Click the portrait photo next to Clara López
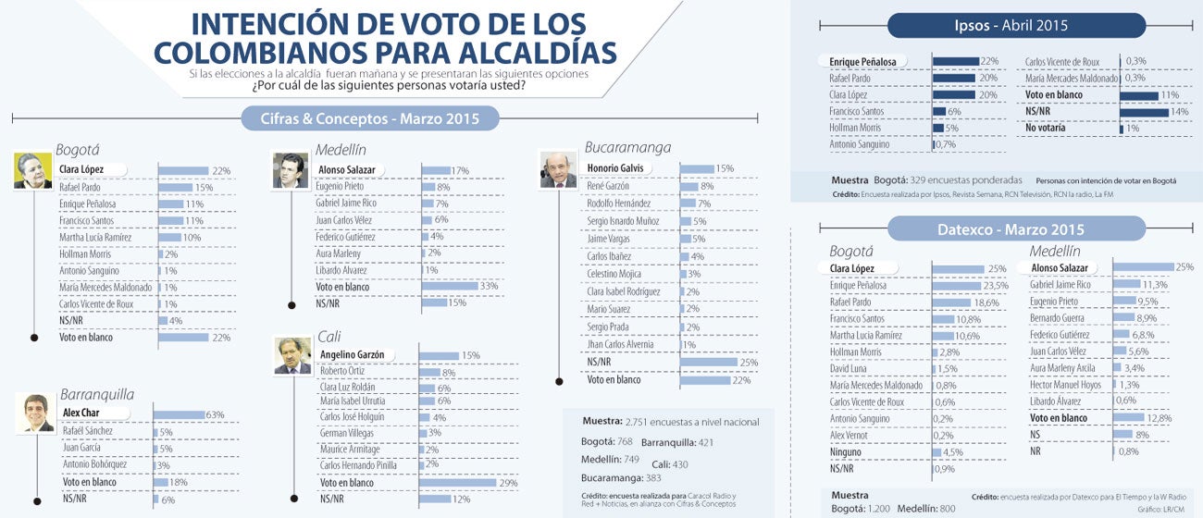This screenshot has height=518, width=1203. pos(33,171)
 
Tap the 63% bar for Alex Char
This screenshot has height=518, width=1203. pos(179,414)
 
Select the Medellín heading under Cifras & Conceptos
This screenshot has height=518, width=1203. pos(341,149)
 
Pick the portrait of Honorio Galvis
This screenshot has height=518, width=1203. pos(558,169)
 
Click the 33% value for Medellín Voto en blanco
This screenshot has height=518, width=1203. pos(489,286)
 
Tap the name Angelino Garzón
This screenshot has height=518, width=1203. pos(352,354)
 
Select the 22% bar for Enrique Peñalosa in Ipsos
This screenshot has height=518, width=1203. pos(955,62)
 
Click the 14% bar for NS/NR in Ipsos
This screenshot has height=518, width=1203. pos(1143,111)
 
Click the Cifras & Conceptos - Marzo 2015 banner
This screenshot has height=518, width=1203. pos(370,118)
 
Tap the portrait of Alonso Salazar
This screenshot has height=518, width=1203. pos(290,171)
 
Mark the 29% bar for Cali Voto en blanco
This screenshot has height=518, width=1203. pos(457,482)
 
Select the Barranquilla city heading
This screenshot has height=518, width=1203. pos(97,395)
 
